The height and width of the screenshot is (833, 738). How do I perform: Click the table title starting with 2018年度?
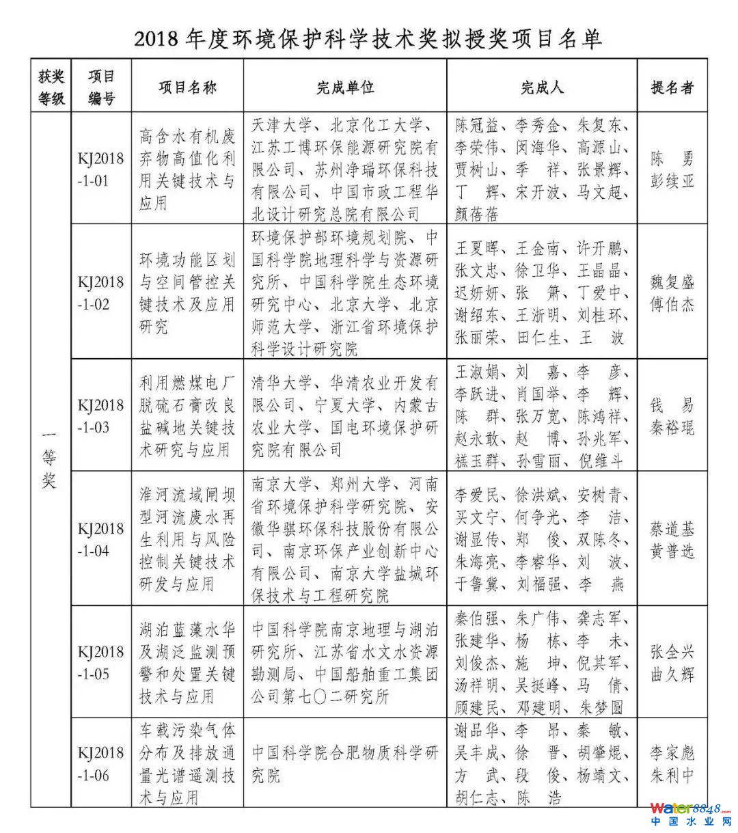tap(368, 38)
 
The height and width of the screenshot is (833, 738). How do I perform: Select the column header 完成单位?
tap(345, 87)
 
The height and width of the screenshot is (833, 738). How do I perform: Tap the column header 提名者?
tap(672, 87)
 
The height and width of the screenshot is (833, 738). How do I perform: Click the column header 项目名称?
tap(187, 87)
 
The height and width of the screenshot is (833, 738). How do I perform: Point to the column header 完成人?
tap(542, 87)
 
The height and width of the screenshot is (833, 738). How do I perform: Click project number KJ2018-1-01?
tap(100, 169)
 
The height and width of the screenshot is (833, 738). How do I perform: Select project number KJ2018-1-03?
tap(100, 416)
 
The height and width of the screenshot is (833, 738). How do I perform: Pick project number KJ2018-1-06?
tap(100, 764)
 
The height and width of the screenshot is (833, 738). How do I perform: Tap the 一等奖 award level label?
tap(50, 459)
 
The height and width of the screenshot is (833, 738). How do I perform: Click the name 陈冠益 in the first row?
tap(477, 126)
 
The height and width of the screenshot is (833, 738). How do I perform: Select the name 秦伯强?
tap(477, 619)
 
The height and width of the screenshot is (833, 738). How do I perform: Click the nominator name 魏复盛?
tap(672, 282)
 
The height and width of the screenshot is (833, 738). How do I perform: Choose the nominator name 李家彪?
tap(672, 753)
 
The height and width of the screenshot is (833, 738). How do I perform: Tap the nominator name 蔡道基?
tap(672, 529)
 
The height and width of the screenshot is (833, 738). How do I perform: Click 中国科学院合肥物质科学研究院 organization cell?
tap(345, 764)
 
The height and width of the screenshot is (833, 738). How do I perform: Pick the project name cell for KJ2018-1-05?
tap(187, 663)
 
